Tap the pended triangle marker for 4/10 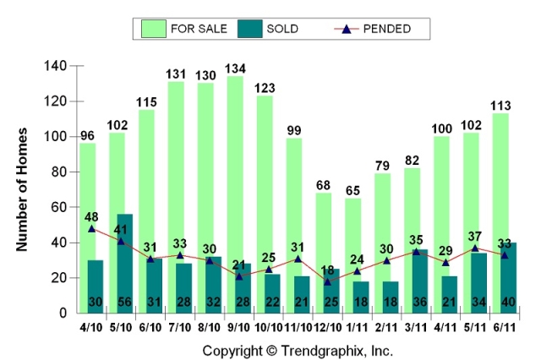[91, 228]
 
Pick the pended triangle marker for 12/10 [328, 281]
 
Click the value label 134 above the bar [236, 68]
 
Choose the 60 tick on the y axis [58, 207]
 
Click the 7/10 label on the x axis [175, 325]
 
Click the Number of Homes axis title [24, 188]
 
